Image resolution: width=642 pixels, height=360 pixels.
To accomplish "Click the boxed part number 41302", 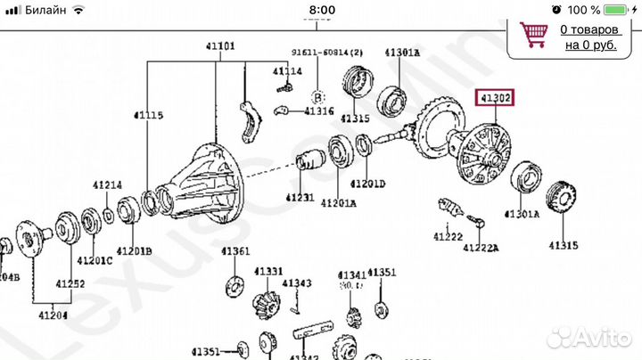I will tap(495, 100).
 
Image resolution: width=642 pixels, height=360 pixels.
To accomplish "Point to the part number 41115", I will tap(149, 116).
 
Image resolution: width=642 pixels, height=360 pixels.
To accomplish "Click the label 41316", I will tap(318, 111).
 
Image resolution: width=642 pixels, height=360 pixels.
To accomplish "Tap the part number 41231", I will tap(301, 198).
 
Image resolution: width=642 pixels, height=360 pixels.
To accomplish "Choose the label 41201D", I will tap(367, 184).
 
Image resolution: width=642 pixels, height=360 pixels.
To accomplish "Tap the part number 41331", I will tap(267, 271).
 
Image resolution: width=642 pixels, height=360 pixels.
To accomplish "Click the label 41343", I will tap(300, 283).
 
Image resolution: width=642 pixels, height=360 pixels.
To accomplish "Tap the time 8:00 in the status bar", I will tap(321, 10).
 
